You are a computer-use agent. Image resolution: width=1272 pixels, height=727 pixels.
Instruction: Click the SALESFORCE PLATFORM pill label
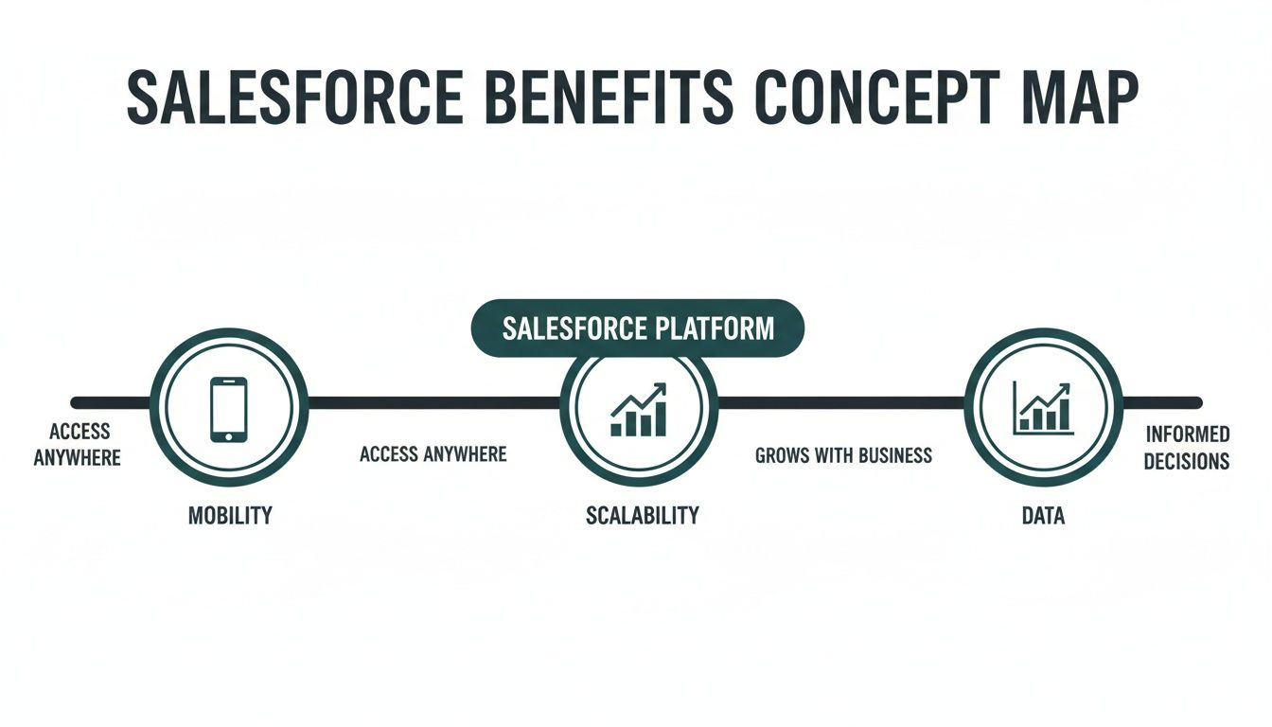637,328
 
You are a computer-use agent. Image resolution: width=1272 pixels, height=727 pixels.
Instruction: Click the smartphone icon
229,409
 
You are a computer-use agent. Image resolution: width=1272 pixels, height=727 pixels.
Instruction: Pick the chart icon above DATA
1042,408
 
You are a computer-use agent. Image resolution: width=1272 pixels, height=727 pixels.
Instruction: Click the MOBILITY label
229,516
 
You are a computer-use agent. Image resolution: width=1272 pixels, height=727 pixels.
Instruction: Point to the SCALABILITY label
642,516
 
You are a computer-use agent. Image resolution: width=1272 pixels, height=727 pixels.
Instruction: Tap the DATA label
1043,516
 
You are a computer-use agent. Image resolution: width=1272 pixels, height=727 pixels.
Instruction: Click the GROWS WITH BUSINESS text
843,455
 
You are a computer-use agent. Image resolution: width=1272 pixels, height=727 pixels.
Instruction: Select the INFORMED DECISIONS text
1187,448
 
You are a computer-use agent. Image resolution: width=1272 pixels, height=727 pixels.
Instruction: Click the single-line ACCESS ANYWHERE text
433,454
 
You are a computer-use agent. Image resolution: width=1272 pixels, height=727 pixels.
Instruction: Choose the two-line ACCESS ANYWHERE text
79,444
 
